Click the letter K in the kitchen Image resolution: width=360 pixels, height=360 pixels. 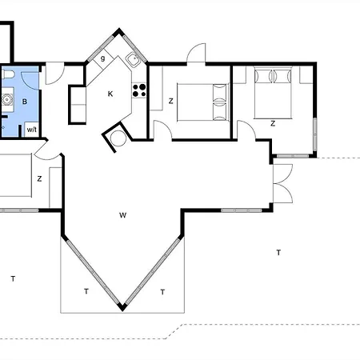(x=110, y=94)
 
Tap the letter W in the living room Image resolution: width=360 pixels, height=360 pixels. (x=122, y=215)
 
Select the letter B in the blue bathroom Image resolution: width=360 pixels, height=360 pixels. (x=25, y=102)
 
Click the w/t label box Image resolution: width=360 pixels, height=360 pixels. (x=32, y=130)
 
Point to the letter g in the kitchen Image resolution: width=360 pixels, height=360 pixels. (x=103, y=58)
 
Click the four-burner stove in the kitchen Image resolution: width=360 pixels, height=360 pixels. (x=139, y=90)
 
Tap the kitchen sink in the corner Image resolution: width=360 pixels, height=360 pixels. (x=133, y=60)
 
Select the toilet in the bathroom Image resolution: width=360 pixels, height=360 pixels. (x=7, y=74)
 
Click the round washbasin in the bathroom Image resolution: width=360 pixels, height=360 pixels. (x=6, y=100)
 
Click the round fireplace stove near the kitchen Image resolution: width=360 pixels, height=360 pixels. (x=118, y=138)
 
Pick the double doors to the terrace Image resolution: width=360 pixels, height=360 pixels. (x=282, y=183)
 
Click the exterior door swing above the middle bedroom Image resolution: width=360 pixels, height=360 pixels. (x=196, y=53)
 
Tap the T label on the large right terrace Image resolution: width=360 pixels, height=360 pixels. (x=278, y=252)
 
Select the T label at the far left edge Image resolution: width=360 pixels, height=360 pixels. (x=13, y=278)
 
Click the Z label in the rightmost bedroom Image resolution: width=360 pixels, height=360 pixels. (x=273, y=123)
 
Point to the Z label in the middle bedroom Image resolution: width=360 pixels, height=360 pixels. (x=171, y=101)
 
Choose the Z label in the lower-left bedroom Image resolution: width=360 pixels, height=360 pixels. (x=39, y=178)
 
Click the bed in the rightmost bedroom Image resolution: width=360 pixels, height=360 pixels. (x=273, y=93)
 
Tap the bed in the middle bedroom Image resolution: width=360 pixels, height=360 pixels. (x=203, y=102)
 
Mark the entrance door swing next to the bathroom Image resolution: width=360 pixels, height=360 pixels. (x=55, y=74)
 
